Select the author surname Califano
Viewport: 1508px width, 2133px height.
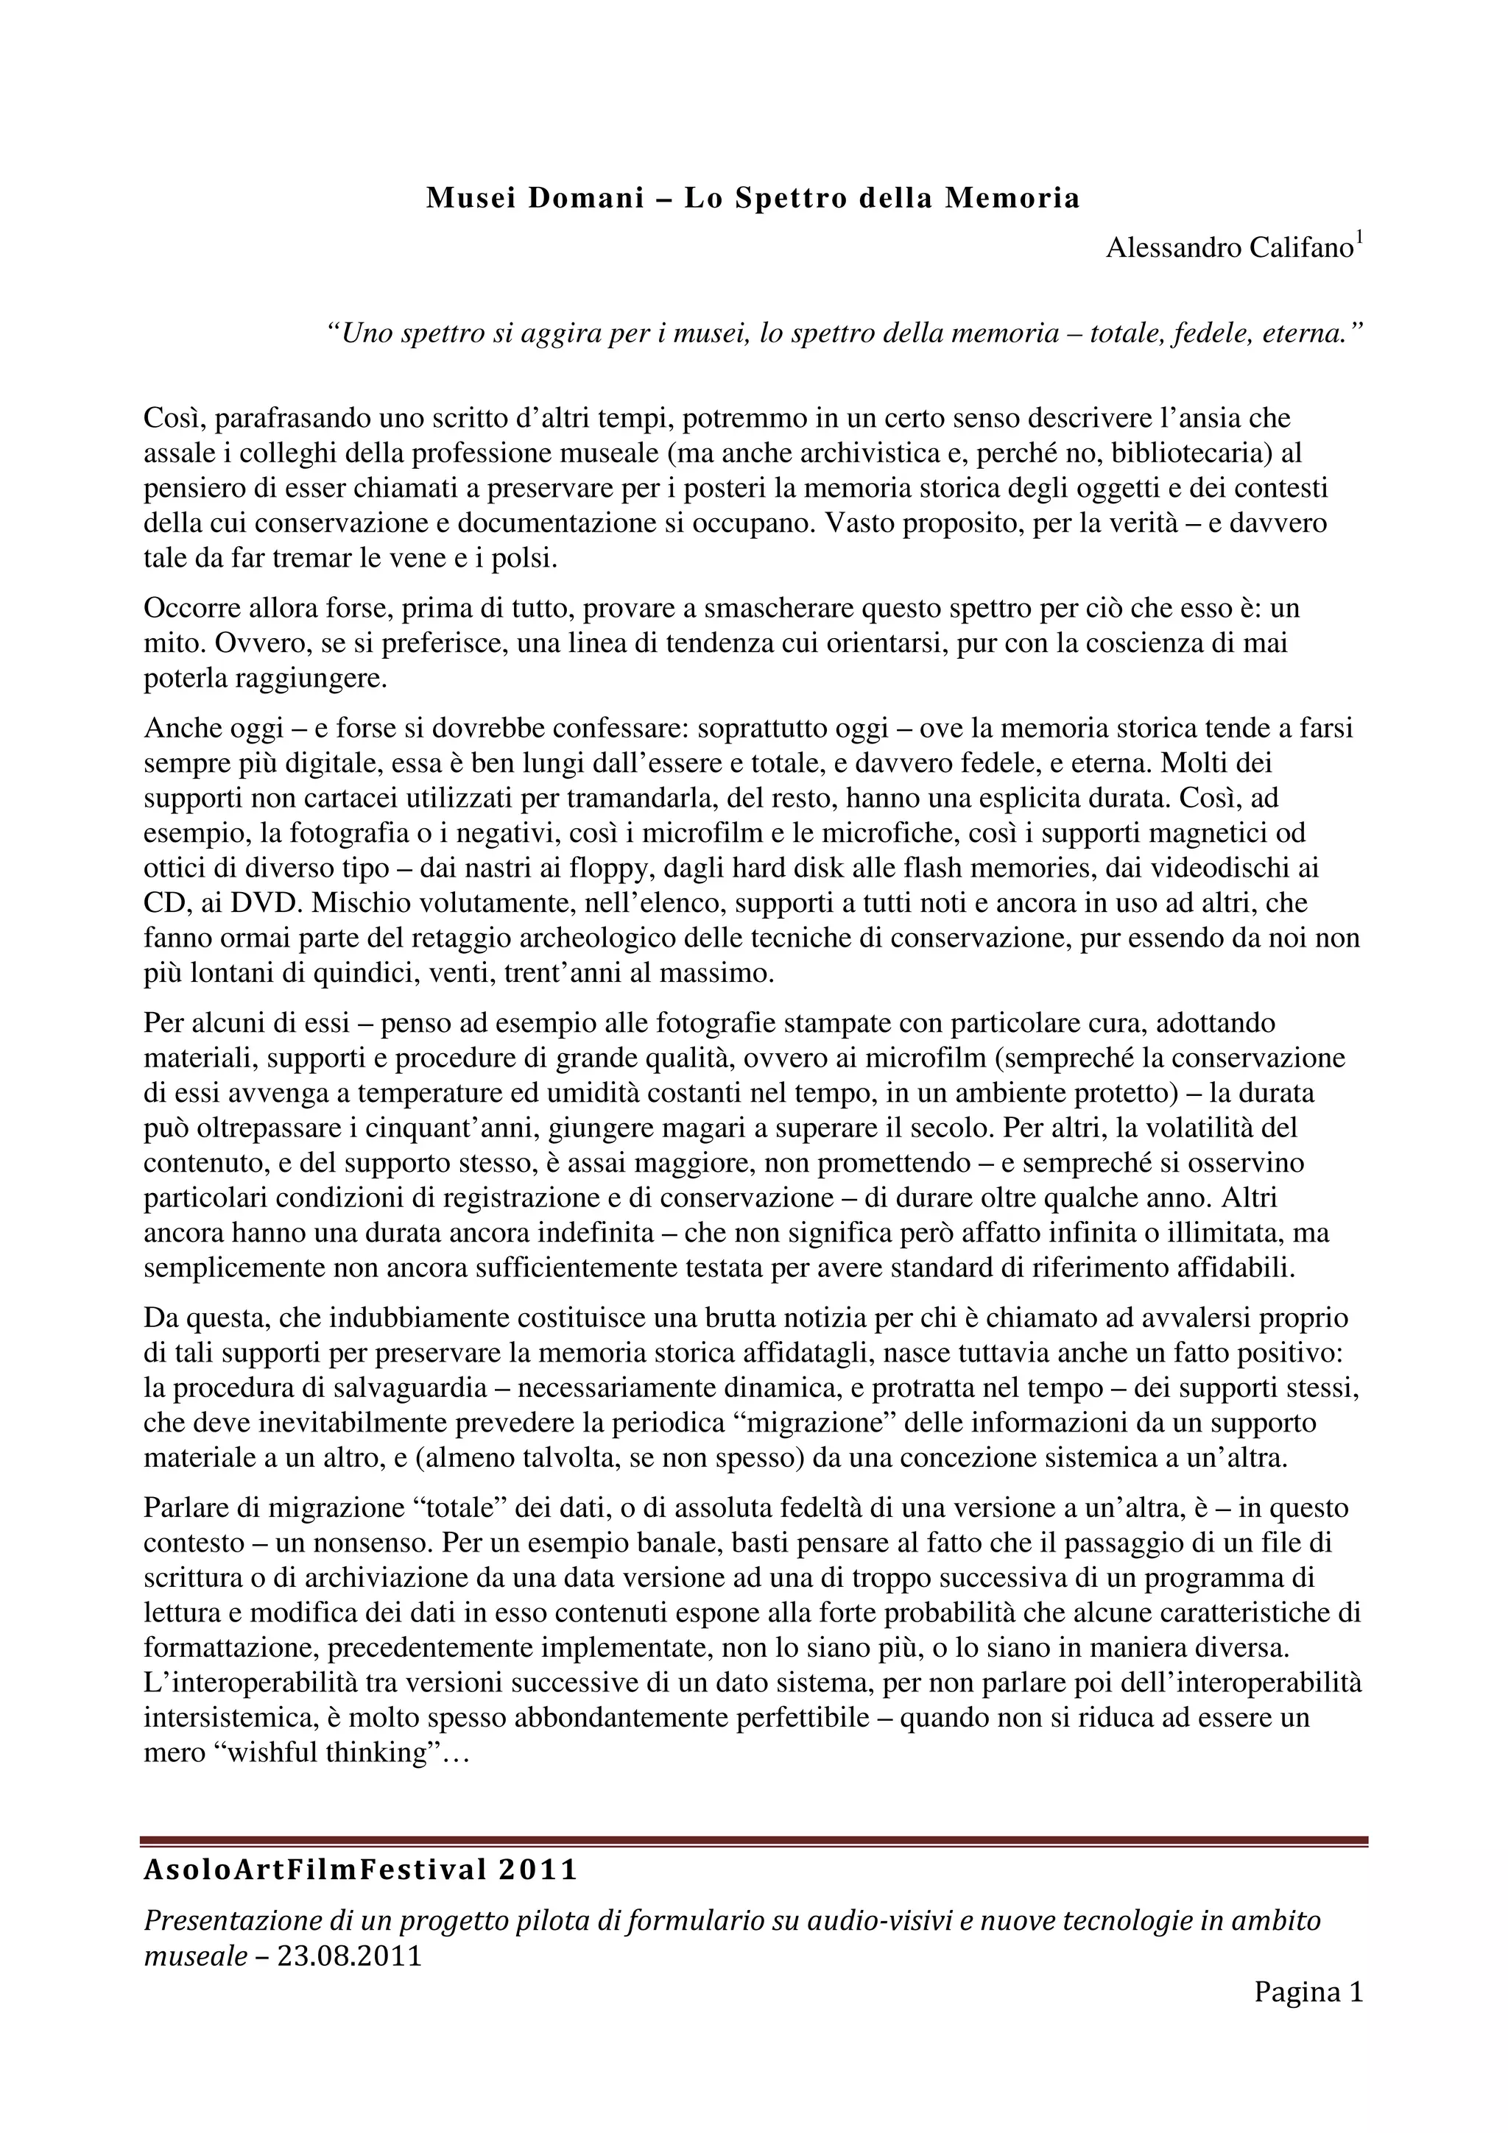(1295, 249)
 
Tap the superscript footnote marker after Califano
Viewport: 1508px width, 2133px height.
(1359, 238)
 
